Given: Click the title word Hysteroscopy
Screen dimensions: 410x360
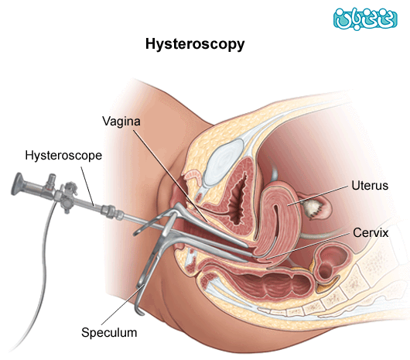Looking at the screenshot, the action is [195, 44].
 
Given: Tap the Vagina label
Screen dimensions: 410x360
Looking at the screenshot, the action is [121, 122].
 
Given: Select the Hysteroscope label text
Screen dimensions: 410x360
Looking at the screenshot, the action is [63, 156].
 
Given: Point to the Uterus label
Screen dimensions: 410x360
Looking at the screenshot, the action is [370, 186].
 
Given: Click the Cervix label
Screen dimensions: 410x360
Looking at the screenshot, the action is [371, 232].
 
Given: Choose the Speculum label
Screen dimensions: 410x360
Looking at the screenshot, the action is [109, 333].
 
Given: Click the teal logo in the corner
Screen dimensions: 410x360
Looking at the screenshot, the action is [365, 19].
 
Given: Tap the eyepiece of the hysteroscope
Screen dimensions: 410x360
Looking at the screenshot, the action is [18, 184].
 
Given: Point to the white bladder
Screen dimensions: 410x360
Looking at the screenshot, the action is [224, 163].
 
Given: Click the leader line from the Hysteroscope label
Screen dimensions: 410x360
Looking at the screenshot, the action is [87, 187].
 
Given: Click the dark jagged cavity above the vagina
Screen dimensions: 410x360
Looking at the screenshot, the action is [238, 198].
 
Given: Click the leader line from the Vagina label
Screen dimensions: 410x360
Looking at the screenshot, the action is [170, 176].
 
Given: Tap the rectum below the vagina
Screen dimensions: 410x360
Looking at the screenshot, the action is [261, 284].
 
